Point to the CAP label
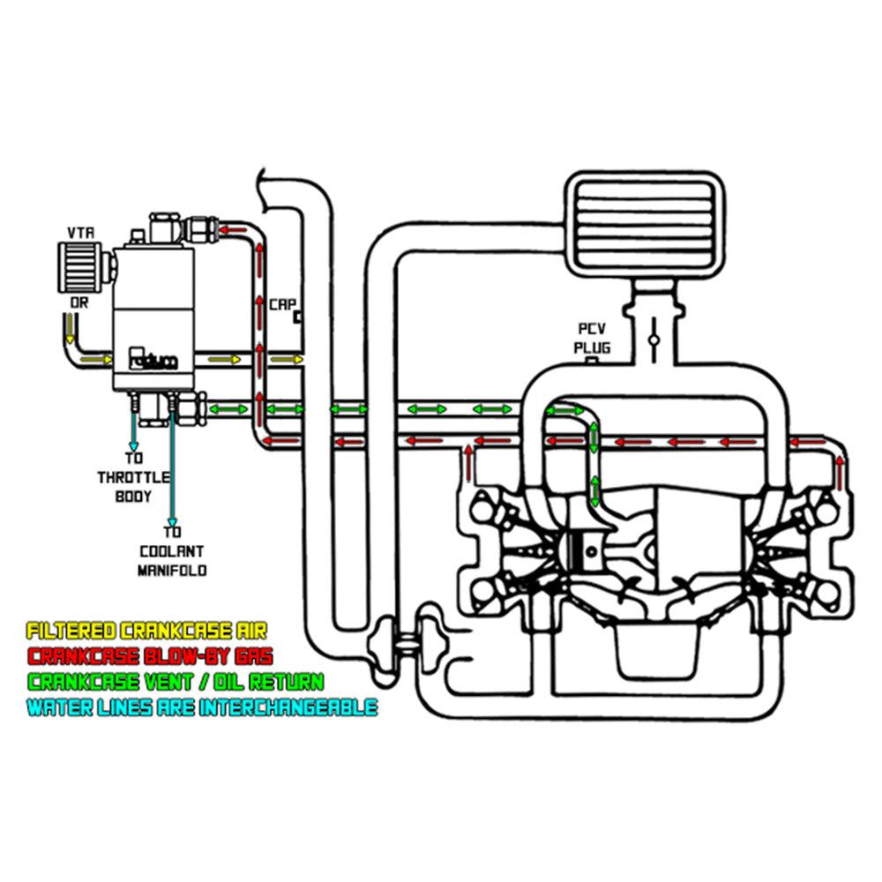281,303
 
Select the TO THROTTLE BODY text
133,477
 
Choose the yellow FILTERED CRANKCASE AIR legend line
146,632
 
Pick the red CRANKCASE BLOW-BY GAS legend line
150,656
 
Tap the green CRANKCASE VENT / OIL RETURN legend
175,681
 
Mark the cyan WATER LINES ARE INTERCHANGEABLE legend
202,706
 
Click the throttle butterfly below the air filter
654,340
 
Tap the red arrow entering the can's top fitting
230,230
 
